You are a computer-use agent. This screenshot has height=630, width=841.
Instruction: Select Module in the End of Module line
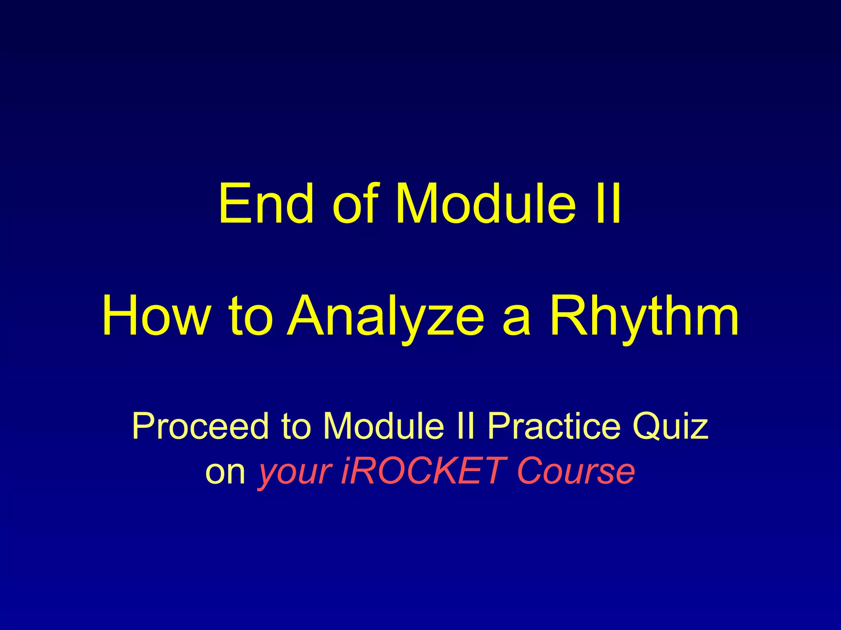(x=485, y=203)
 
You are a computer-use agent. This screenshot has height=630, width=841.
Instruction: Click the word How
(x=156, y=316)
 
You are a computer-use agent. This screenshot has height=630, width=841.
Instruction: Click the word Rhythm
(x=644, y=316)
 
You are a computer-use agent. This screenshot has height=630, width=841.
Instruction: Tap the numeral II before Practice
(x=465, y=427)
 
